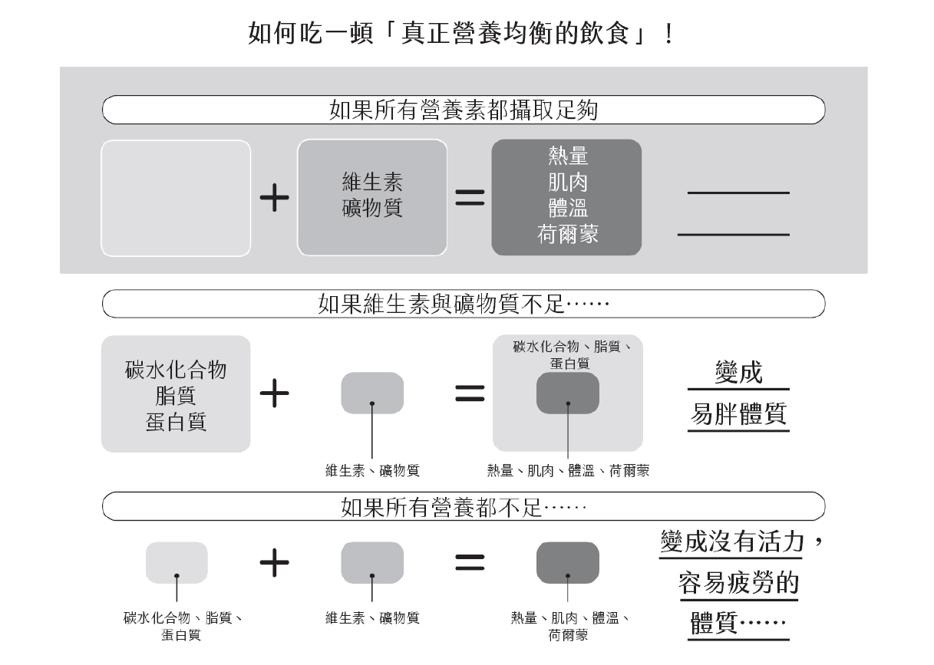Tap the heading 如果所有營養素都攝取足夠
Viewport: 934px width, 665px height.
pos(463,110)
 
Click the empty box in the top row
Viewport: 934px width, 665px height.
pos(176,198)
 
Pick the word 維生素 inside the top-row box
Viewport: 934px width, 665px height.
pos(372,183)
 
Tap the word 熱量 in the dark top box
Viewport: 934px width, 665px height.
pos(568,156)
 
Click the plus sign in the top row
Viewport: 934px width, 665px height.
pos(274,199)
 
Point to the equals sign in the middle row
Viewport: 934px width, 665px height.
pos(470,394)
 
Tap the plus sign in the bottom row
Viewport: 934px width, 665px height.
pos(274,563)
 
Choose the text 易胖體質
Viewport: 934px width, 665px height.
pos(738,414)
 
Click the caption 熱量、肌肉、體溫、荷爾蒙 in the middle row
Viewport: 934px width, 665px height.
pos(568,470)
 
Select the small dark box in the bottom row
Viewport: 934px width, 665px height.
pos(567,562)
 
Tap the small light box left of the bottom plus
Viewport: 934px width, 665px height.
pos(177,562)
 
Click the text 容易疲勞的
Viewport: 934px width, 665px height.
pos(738,584)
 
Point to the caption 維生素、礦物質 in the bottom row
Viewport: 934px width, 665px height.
pos(372,617)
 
